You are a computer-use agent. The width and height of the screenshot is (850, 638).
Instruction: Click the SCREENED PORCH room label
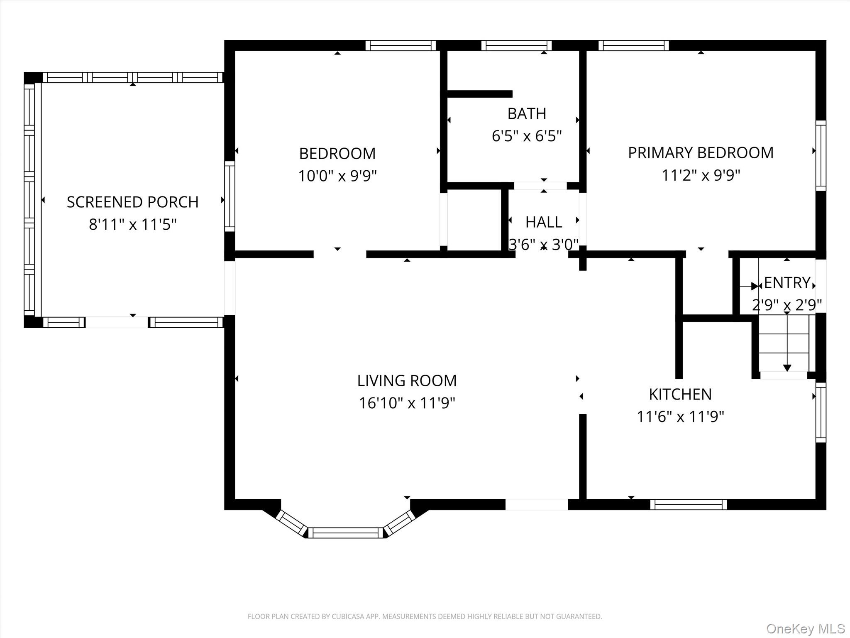[132, 202]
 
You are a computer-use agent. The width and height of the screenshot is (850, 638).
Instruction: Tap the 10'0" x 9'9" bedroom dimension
[337, 176]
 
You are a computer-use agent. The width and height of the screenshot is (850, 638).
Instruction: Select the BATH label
[527, 113]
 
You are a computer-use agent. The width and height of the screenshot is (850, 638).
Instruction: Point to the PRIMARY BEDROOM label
[701, 153]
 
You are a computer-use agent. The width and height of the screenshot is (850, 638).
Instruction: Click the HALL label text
[544, 222]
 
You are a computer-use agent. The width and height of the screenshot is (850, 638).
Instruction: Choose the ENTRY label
[787, 283]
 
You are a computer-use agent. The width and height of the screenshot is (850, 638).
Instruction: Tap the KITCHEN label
[680, 394]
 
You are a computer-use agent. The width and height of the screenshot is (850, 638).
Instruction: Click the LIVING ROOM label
[407, 380]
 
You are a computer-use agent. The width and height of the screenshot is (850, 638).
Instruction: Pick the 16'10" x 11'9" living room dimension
[407, 403]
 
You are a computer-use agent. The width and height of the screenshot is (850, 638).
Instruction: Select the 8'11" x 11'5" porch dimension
[132, 225]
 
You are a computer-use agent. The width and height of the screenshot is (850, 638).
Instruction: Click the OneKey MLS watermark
[806, 628]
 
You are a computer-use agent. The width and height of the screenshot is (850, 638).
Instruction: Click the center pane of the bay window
[345, 532]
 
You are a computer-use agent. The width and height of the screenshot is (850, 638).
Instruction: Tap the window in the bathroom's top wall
[516, 45]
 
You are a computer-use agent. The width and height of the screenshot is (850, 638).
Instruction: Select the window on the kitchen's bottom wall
[689, 504]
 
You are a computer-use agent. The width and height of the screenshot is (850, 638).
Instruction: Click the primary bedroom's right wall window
[821, 156]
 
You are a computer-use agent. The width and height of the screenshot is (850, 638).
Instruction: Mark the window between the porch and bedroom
[230, 196]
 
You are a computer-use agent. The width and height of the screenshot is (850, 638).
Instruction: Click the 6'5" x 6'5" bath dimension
[527, 136]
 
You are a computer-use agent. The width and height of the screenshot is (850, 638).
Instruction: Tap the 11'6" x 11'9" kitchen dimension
[680, 417]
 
